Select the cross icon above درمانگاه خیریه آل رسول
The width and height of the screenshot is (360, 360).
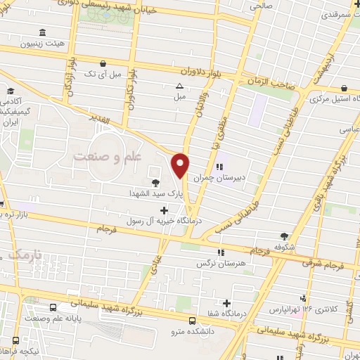165,210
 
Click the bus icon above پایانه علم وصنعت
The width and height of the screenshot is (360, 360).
54,308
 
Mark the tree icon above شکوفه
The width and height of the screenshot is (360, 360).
285,236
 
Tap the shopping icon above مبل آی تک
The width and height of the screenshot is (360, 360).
103,62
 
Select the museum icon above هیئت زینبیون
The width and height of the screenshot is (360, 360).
43,33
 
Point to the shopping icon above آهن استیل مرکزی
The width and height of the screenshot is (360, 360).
345,89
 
